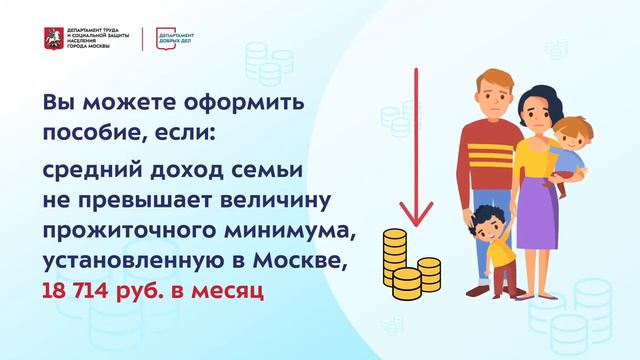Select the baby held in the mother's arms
click(570, 150)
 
